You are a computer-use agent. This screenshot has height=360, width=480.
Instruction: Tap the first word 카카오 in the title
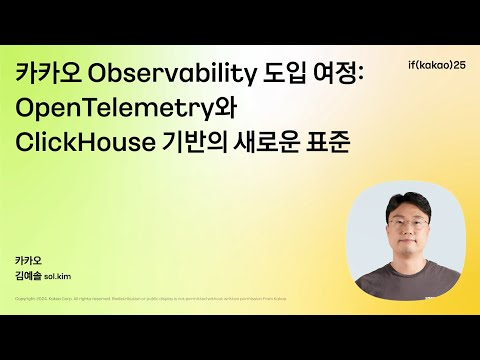click(x=46, y=75)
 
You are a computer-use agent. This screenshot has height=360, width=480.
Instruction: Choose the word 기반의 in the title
click(x=199, y=142)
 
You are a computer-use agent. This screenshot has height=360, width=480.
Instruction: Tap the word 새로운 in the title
click(x=271, y=142)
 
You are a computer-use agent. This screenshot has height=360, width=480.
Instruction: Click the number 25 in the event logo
click(x=458, y=65)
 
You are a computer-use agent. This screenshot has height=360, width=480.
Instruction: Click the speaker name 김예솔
click(x=29, y=275)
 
